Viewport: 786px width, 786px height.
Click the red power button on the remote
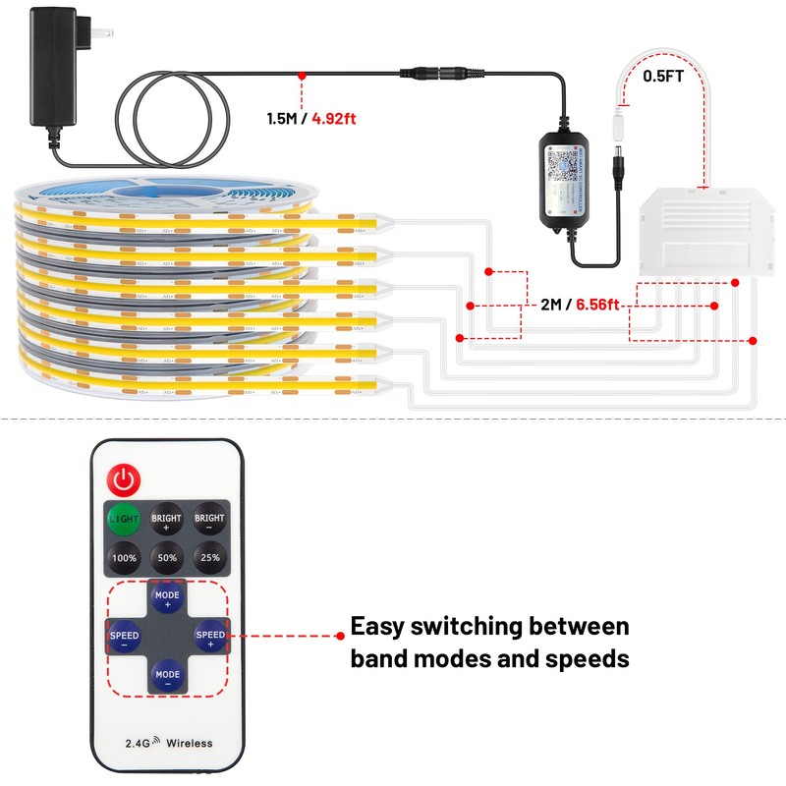[x=126, y=479]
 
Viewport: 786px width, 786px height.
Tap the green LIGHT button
[x=125, y=518]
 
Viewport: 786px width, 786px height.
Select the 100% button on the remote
[x=125, y=557]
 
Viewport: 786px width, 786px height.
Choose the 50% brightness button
[x=167, y=557]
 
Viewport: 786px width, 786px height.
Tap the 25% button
[x=209, y=557]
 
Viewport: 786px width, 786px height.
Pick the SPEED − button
[x=125, y=637]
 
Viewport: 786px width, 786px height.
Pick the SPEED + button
[x=210, y=637]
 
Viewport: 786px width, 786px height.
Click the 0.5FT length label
[x=664, y=75]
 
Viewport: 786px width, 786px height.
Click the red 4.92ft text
[x=334, y=119]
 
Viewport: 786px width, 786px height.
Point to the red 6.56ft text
[x=597, y=305]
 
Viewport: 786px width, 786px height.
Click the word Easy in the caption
[x=383, y=627]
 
